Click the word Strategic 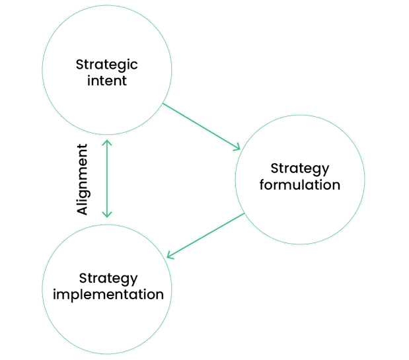click(x=107, y=65)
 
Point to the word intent click(x=107, y=82)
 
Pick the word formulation click(x=300, y=185)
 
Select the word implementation click(x=108, y=295)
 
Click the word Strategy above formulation click(x=300, y=168)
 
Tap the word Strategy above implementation click(x=108, y=278)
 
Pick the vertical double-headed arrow click(x=107, y=178)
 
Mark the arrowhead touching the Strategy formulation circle click(x=237, y=148)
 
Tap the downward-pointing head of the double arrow click(x=107, y=214)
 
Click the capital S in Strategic click(x=80, y=65)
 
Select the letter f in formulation click(x=262, y=184)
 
